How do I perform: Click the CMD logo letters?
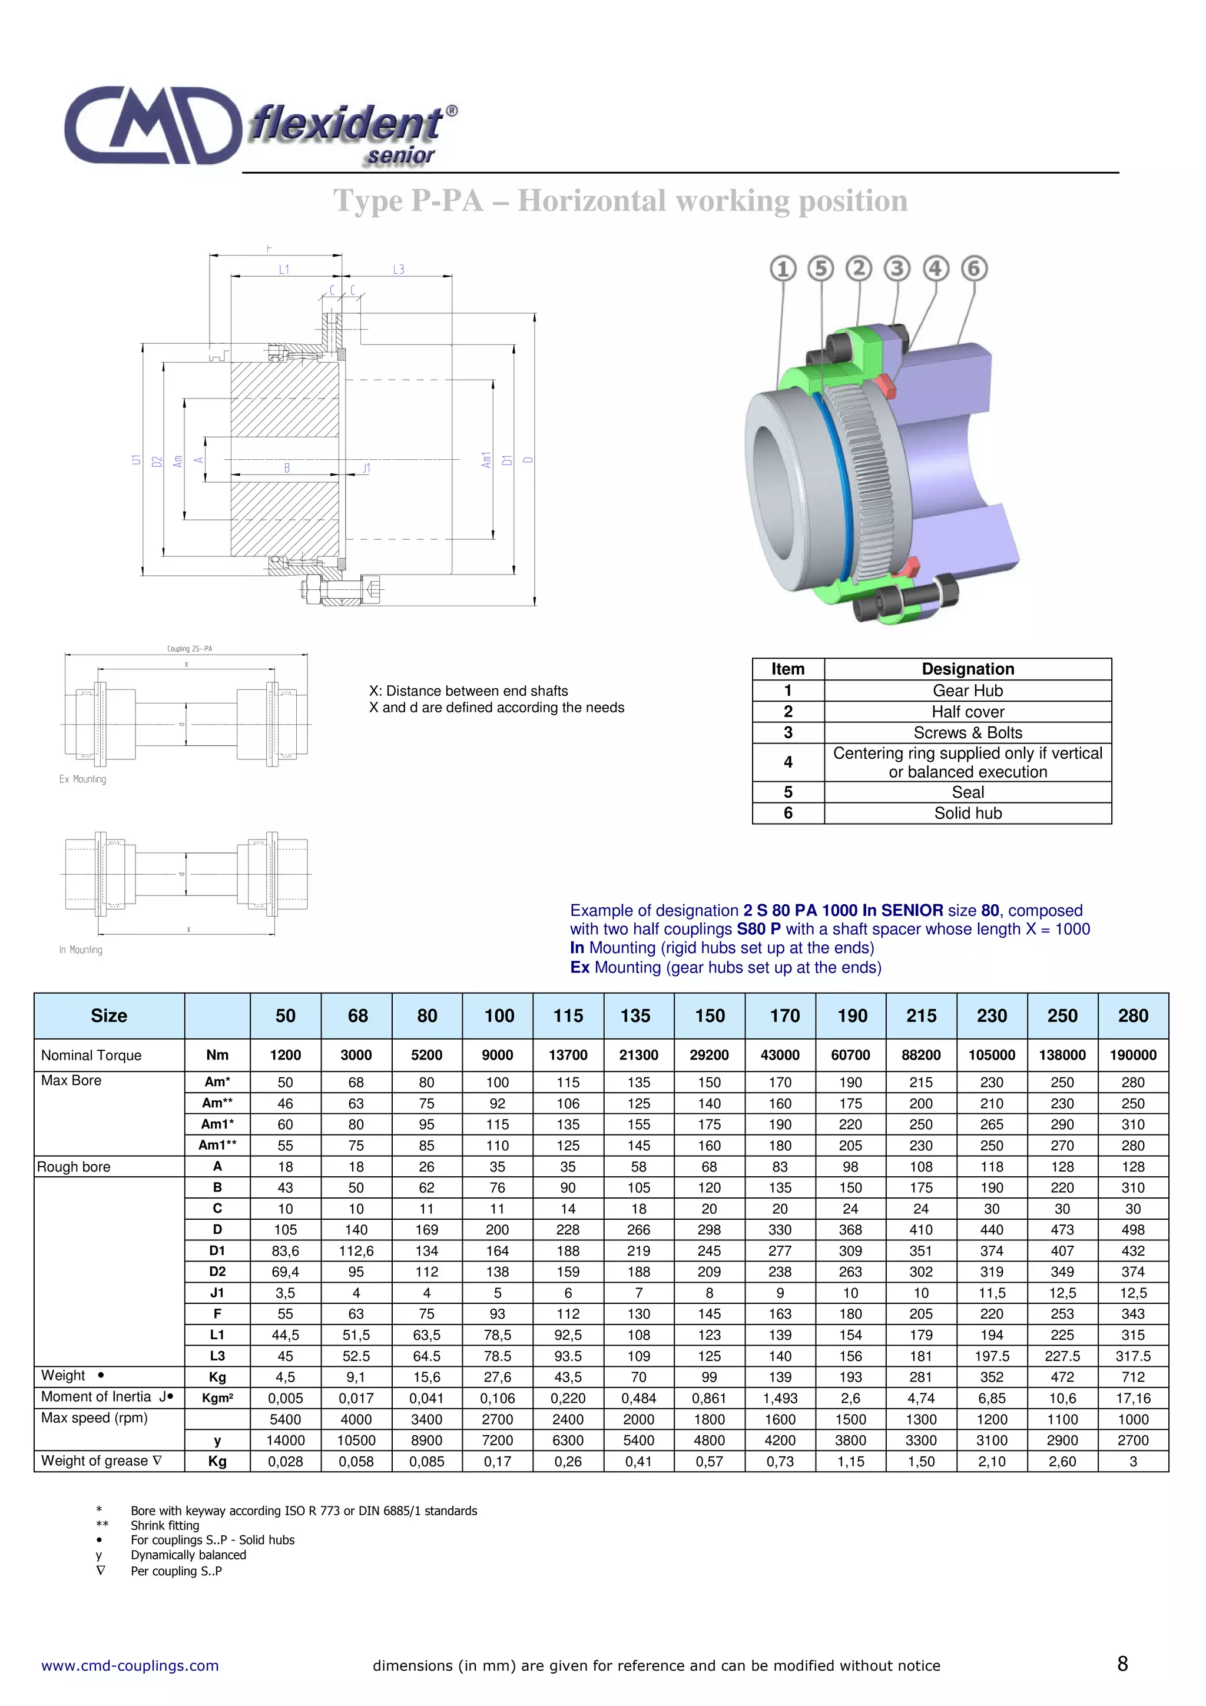tap(153, 125)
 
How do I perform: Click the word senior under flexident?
tap(400, 156)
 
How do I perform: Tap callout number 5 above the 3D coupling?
tap(820, 268)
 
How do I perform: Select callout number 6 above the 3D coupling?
tap(973, 268)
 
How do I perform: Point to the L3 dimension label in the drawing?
tap(398, 270)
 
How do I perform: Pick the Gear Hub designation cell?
tap(968, 691)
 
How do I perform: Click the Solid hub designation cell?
tap(968, 813)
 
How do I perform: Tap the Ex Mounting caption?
tap(82, 779)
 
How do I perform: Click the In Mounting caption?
tap(81, 950)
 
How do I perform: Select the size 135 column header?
tap(638, 1015)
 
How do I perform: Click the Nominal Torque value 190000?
tap(1132, 1055)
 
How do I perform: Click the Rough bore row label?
tap(74, 1167)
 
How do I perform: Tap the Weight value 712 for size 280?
tap(1132, 1377)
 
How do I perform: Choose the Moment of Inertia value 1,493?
tap(780, 1398)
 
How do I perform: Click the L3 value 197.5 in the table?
tap(991, 1356)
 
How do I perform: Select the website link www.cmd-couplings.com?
tap(130, 1665)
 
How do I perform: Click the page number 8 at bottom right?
tap(1122, 1664)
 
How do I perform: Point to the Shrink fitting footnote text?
tap(165, 1525)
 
